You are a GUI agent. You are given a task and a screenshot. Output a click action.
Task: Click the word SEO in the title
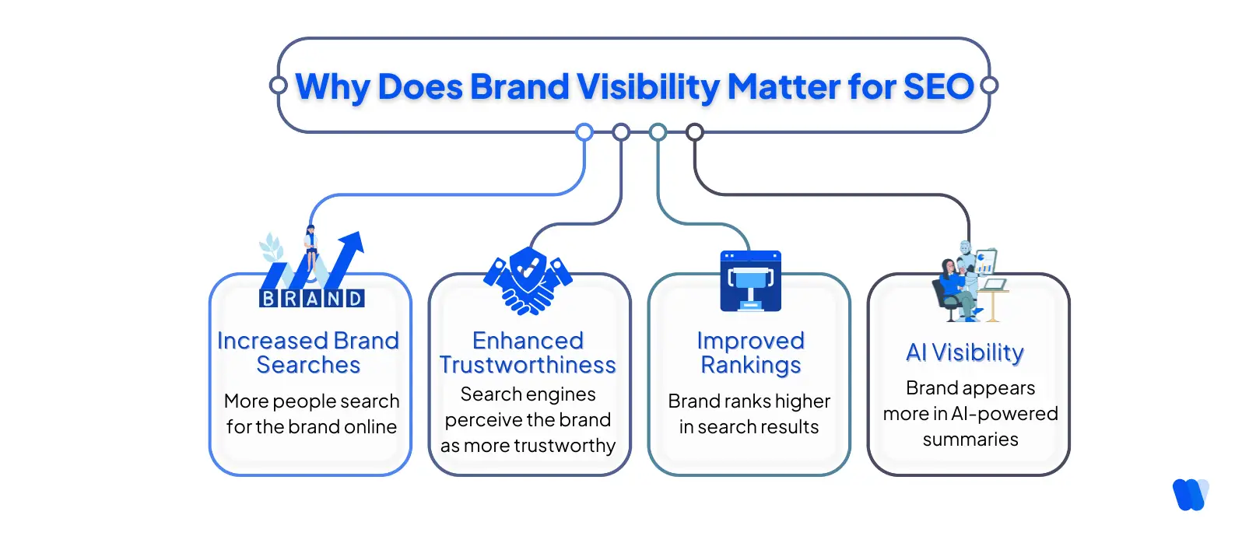(938, 86)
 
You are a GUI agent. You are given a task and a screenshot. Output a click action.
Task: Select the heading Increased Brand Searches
(308, 352)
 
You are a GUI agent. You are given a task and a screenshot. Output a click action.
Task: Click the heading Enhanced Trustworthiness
(528, 352)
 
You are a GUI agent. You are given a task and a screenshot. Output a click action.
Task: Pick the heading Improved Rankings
(750, 352)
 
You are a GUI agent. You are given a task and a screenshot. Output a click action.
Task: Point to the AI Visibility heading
(965, 352)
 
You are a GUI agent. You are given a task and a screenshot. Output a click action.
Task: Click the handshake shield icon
(528, 281)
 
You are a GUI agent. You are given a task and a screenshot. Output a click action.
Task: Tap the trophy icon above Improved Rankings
(750, 281)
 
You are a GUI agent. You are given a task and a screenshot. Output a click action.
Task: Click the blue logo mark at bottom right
(1190, 494)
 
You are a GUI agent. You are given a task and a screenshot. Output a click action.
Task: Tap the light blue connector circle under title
(584, 132)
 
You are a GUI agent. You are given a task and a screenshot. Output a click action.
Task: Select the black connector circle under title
(695, 132)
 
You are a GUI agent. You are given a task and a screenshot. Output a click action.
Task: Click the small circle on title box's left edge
(278, 86)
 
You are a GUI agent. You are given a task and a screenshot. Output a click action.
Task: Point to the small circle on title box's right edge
(989, 86)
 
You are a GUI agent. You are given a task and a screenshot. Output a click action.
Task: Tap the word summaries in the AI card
(970, 440)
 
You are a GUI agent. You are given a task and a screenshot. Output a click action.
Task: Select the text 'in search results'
(749, 427)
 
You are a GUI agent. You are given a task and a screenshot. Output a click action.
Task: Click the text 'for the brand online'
(311, 427)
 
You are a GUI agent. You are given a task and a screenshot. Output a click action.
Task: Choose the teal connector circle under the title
(658, 132)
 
